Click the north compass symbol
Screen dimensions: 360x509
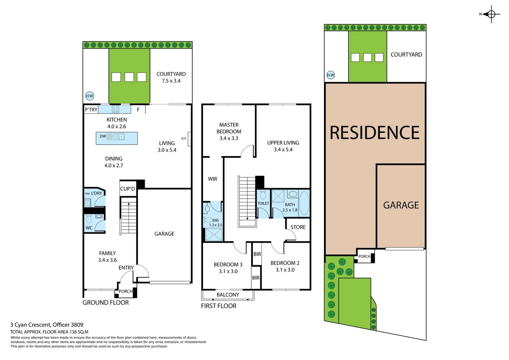point(491,14)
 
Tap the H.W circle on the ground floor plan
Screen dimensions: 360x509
point(90,96)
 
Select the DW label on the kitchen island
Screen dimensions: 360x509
point(103,136)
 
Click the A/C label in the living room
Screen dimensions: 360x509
point(184,138)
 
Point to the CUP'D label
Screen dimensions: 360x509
point(128,189)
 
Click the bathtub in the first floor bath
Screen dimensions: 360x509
point(304,203)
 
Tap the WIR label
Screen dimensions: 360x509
point(212,179)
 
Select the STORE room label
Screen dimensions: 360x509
point(298,227)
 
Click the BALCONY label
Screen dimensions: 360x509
point(228,295)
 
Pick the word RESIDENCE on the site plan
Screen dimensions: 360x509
point(375,133)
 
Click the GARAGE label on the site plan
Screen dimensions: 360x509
point(401,205)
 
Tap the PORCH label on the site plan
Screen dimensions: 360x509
point(364,256)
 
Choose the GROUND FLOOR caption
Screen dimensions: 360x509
point(106,303)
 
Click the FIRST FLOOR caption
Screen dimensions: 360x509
point(219,306)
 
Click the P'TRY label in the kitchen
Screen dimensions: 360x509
point(91,109)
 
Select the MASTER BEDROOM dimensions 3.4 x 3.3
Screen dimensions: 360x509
point(229,138)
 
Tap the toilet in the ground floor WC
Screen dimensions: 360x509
point(89,219)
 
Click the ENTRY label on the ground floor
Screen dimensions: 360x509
point(126,268)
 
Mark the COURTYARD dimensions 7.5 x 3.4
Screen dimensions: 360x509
point(171,81)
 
